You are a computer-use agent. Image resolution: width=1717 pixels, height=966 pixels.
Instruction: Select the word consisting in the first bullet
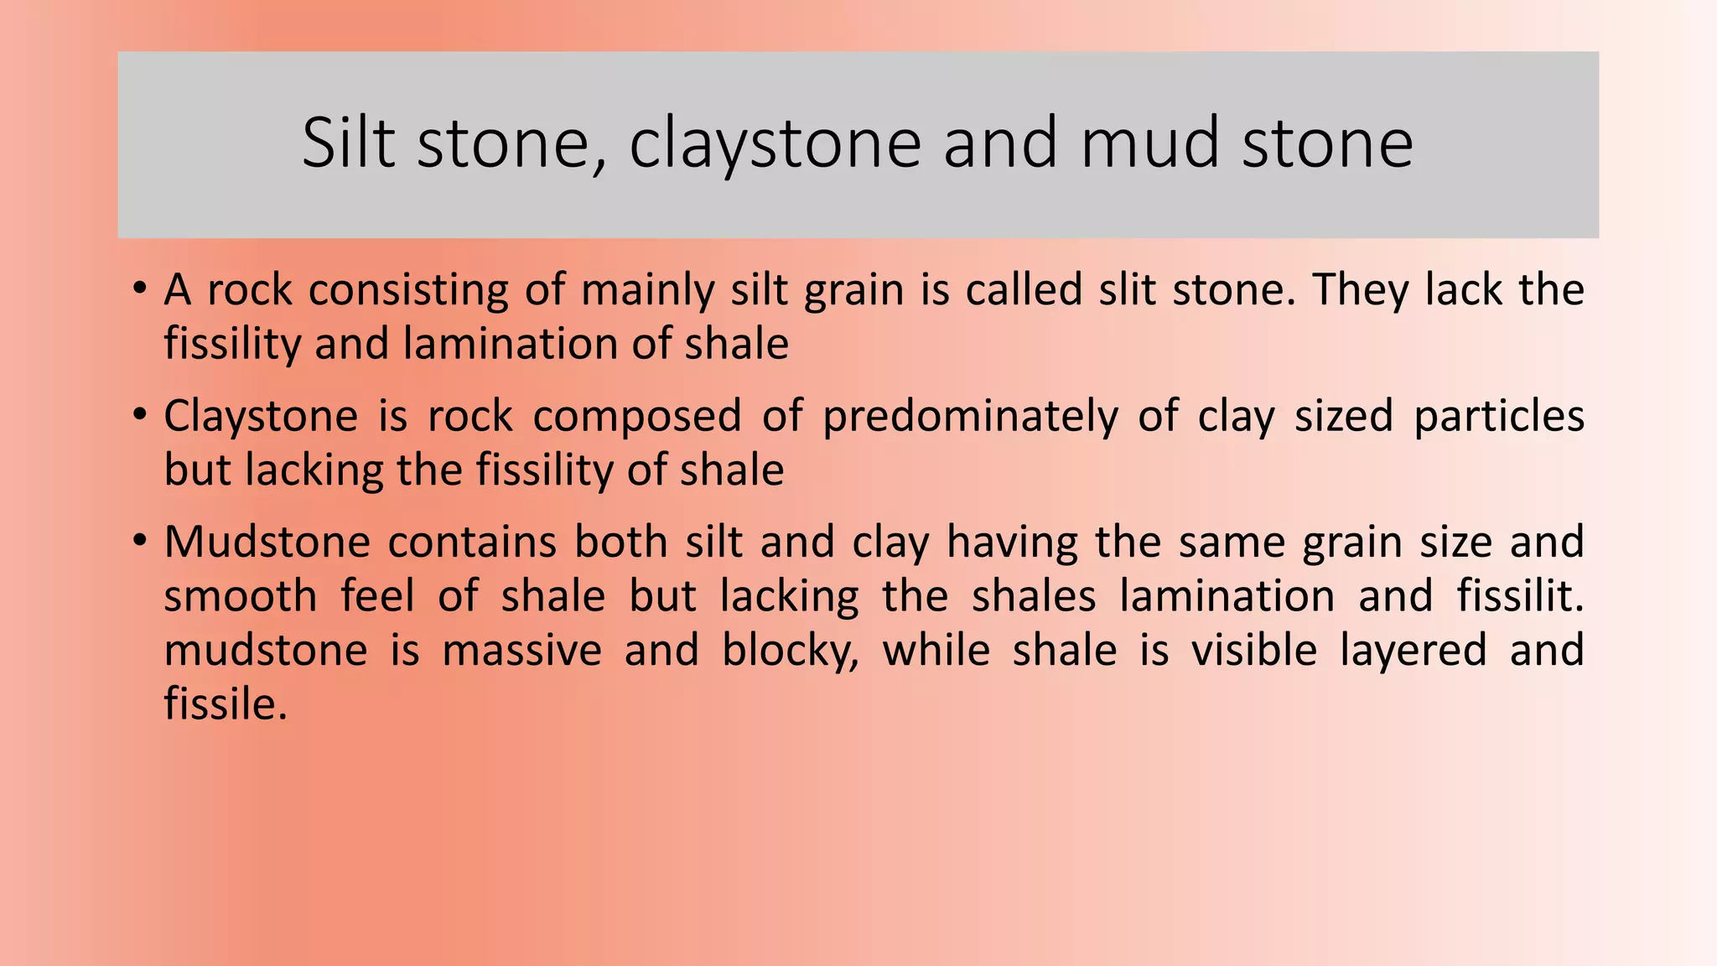point(408,291)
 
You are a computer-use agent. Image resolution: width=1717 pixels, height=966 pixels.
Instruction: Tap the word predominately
point(969,417)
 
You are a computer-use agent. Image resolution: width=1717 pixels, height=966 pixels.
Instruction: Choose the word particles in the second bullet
point(1498,417)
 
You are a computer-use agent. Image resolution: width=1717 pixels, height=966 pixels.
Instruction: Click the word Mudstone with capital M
point(267,542)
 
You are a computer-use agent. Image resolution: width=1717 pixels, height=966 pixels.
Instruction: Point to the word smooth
point(241,596)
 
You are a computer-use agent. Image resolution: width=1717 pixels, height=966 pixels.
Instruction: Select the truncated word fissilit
point(1518,596)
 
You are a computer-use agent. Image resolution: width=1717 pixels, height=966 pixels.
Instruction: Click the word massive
point(521,651)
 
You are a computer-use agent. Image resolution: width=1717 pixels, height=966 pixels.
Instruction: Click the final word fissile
point(224,704)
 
